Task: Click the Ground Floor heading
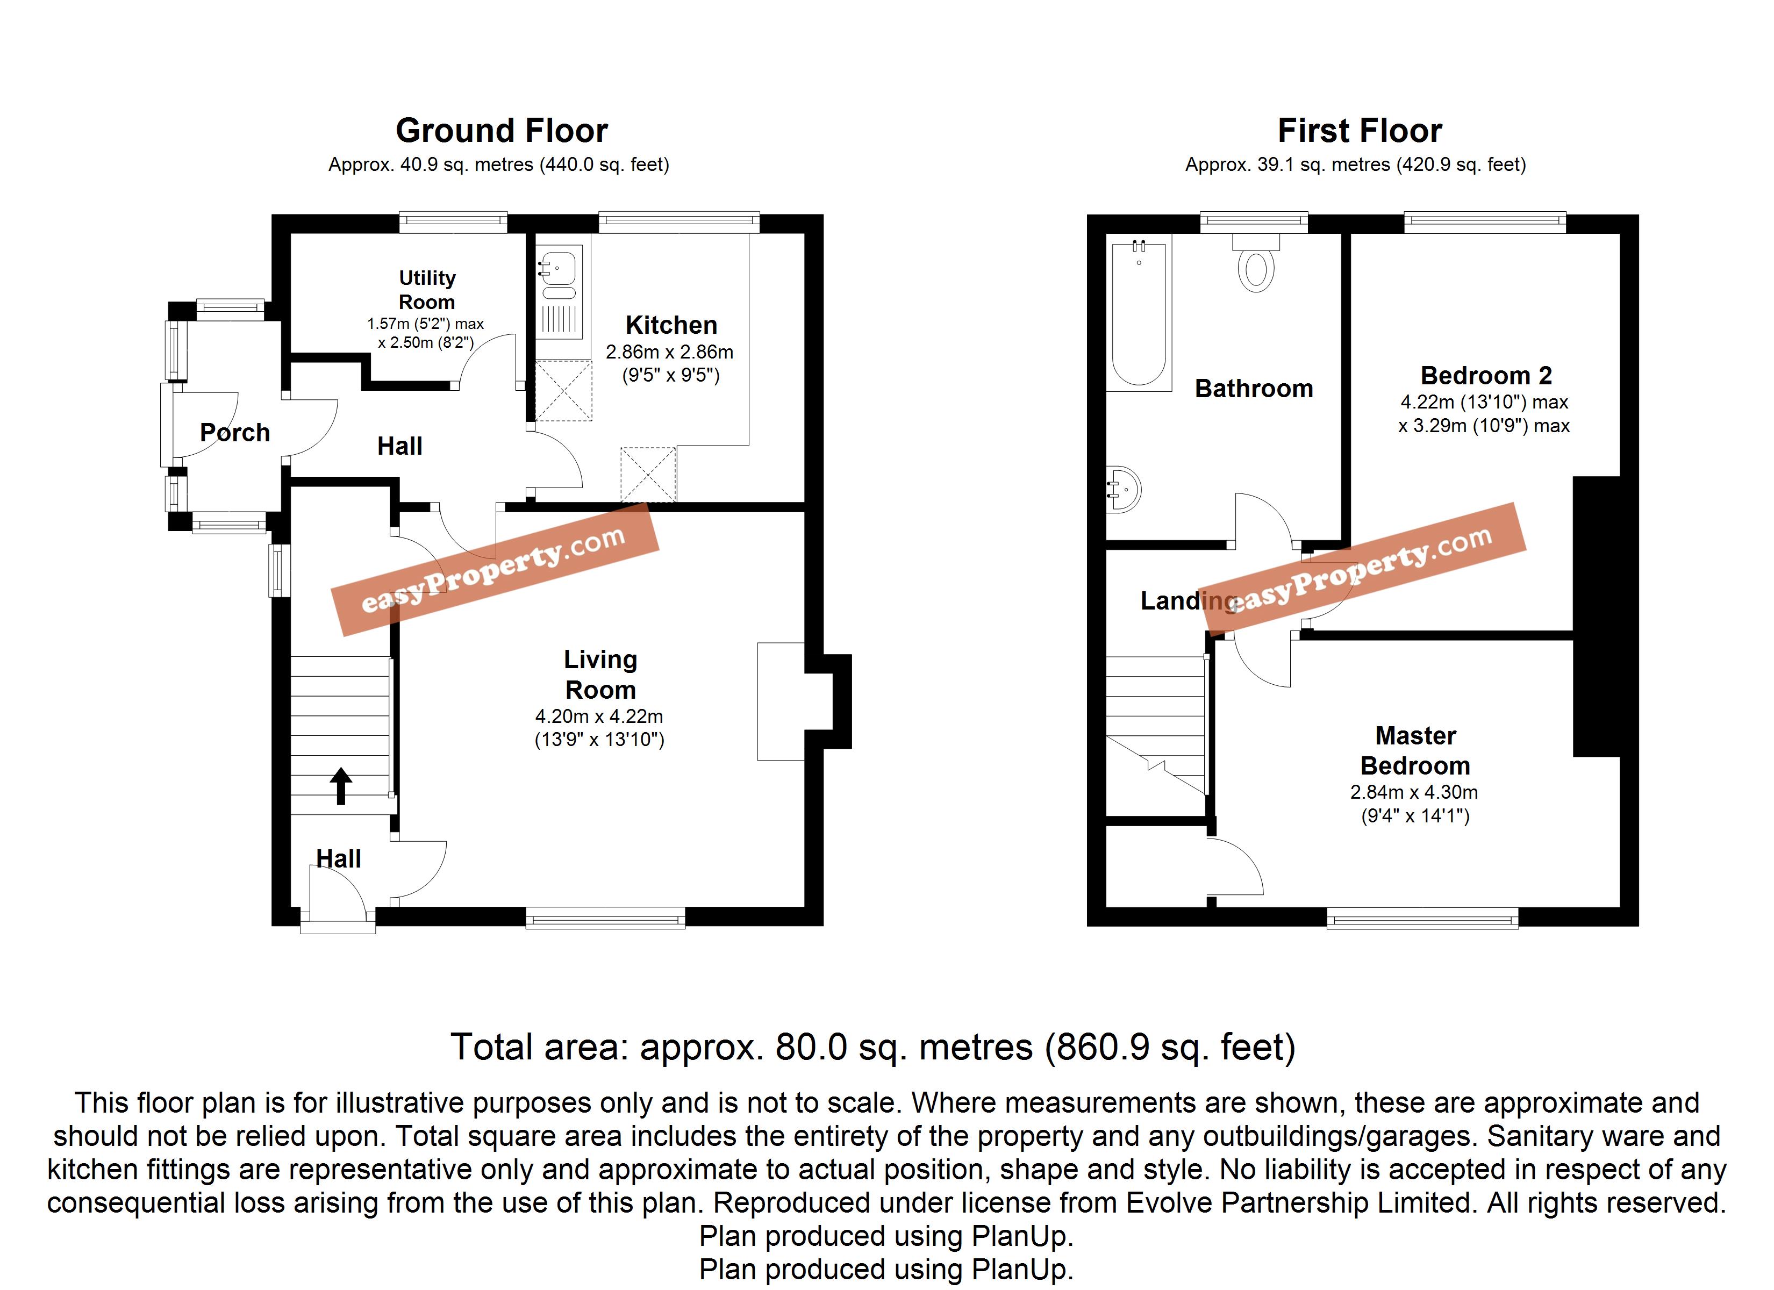pos(502,131)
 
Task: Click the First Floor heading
pos(1360,131)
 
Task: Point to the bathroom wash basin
pos(1123,490)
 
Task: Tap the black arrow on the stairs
pos(341,786)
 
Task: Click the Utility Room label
pos(426,290)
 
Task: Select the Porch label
pos(235,433)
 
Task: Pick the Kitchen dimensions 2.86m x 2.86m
pos(670,352)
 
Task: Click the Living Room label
pos(600,675)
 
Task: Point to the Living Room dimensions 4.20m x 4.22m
pos(599,716)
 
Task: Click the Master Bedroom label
pos(1416,750)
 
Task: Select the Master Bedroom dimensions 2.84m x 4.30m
pos(1414,792)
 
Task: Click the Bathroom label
pos(1254,389)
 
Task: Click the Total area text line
pos(873,1047)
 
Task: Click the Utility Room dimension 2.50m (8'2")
pos(426,342)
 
